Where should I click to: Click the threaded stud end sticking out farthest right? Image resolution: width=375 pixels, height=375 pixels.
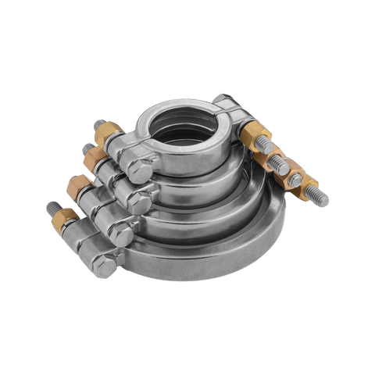click(322, 202)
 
